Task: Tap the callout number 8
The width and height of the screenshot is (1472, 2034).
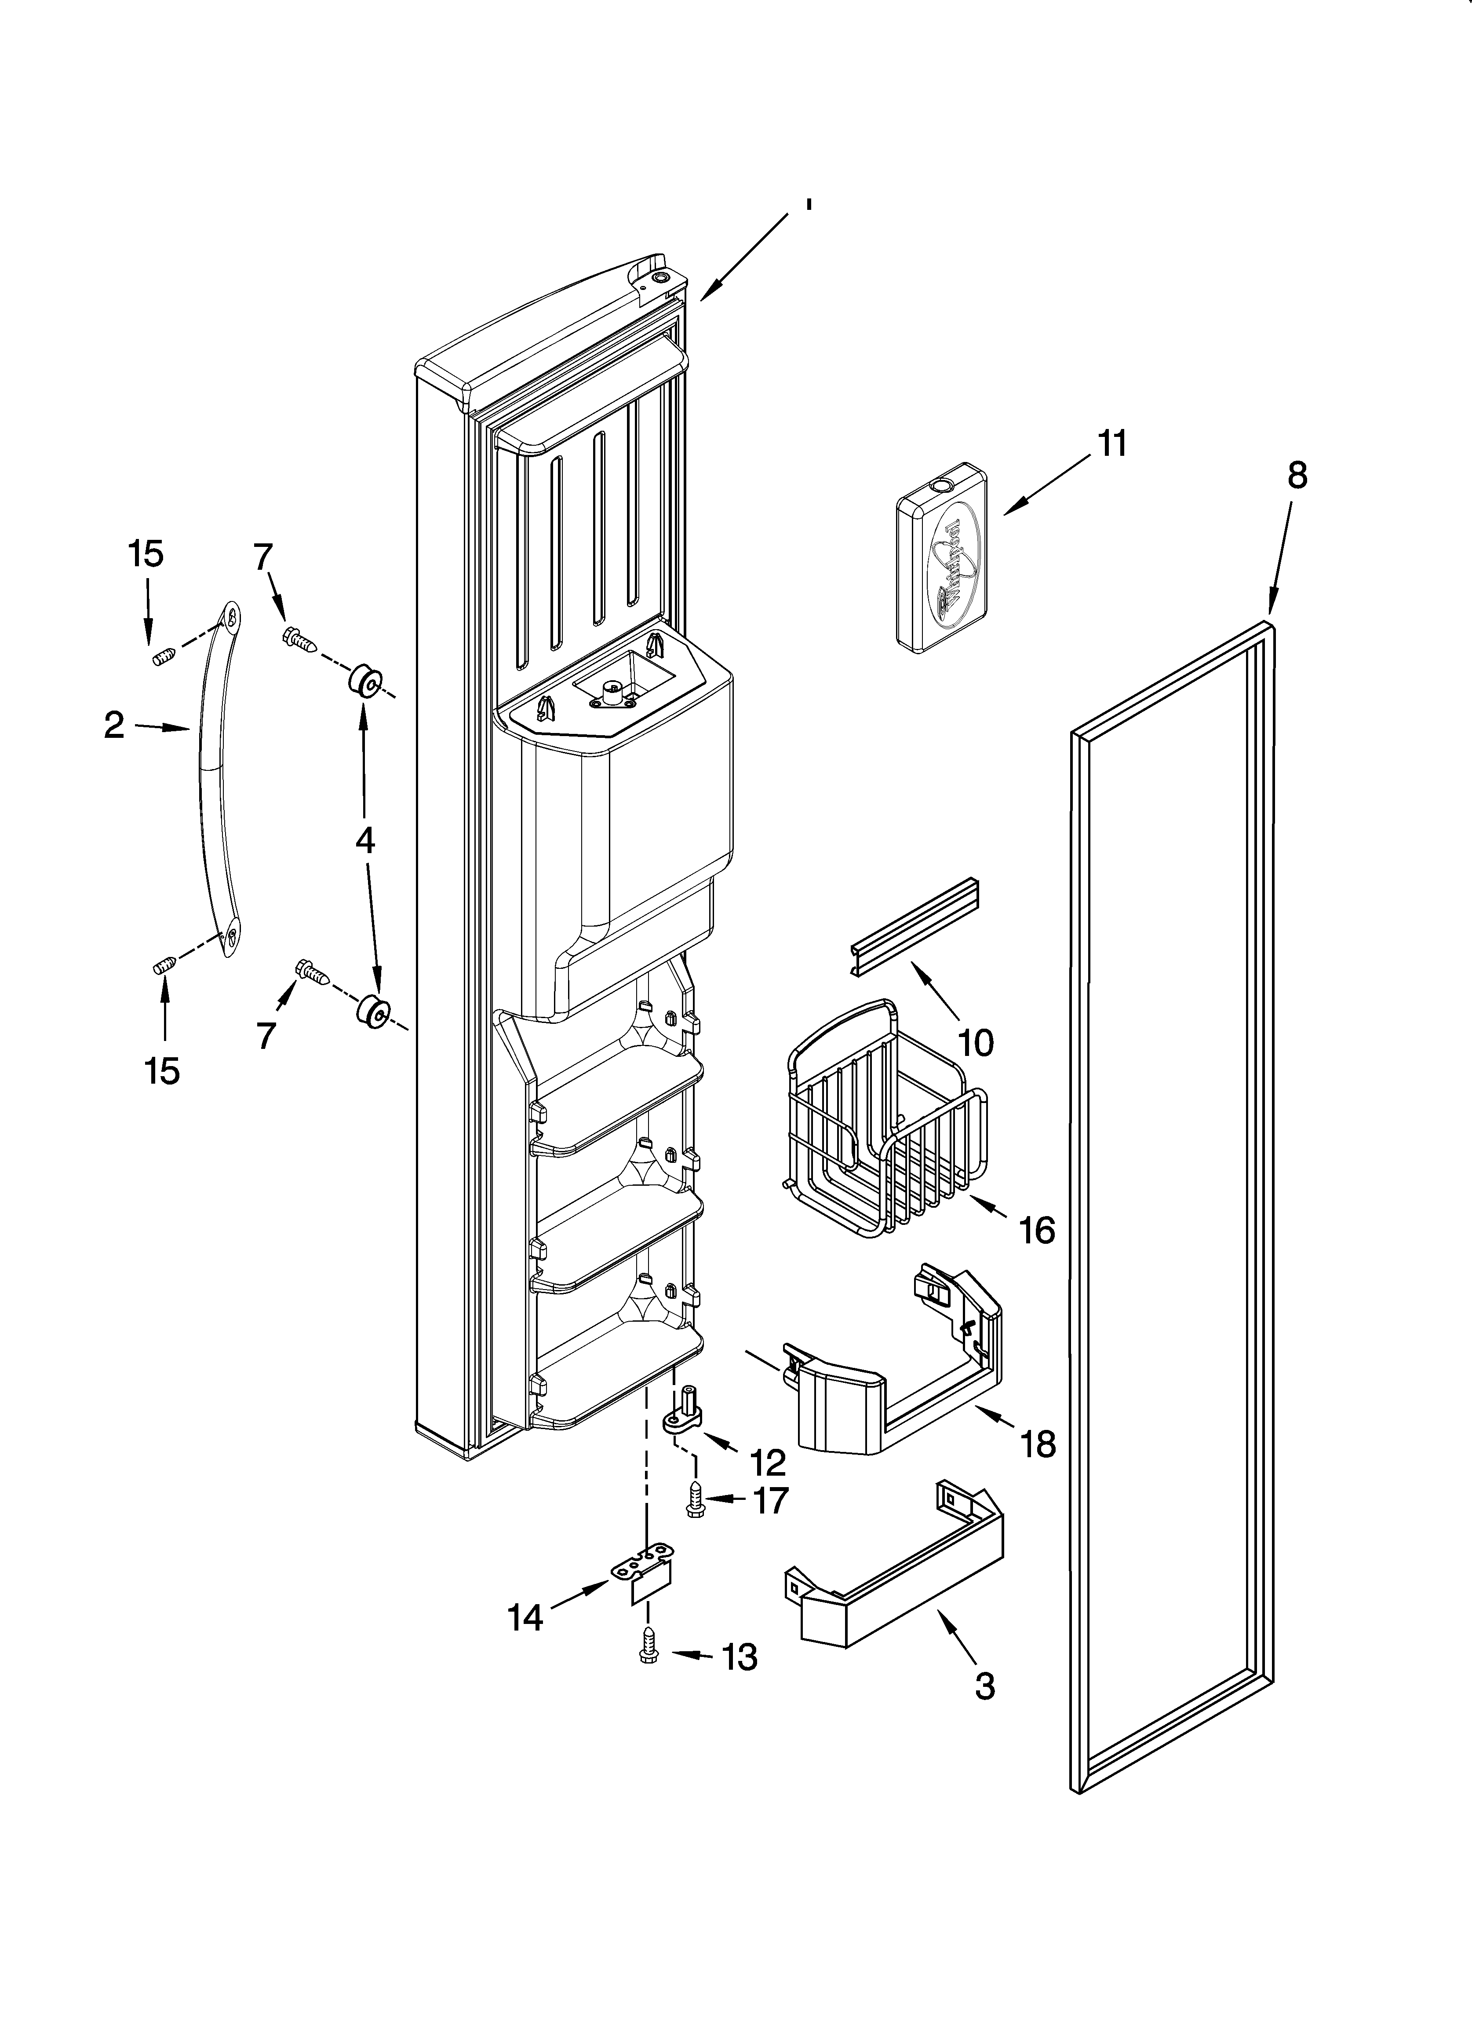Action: click(1297, 475)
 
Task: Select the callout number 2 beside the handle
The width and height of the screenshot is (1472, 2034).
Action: click(114, 726)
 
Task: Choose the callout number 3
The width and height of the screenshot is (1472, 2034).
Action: click(984, 1686)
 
